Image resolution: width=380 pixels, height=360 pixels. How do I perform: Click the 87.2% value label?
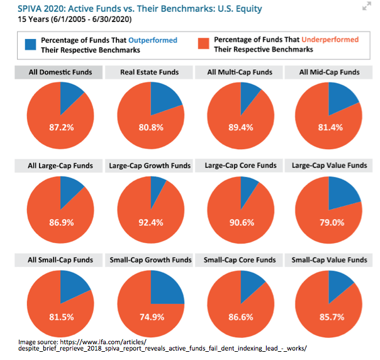62,127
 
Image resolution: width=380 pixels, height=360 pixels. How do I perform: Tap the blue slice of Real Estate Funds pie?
165,96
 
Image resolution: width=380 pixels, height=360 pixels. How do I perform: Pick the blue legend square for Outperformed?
31,44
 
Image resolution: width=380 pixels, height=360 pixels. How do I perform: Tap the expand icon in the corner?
367,7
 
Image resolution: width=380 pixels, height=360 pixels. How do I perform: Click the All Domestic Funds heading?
60,72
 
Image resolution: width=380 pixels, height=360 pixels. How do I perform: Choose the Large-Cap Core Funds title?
240,166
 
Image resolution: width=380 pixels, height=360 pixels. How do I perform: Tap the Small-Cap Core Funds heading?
240,260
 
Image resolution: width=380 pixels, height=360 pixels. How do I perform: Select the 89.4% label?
240,127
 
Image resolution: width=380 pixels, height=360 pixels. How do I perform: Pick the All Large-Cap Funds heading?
60,166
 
